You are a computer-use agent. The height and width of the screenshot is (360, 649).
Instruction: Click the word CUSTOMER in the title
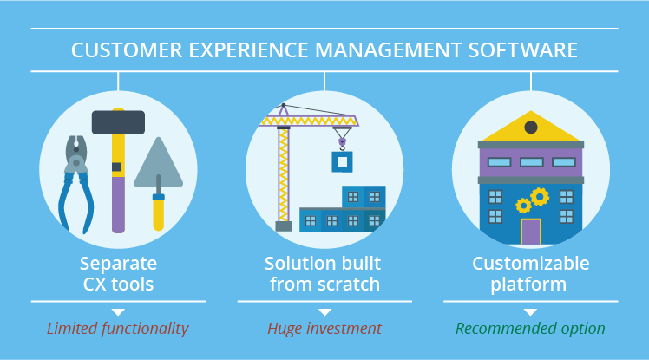click(127, 50)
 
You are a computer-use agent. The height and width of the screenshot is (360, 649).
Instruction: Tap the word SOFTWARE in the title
click(523, 50)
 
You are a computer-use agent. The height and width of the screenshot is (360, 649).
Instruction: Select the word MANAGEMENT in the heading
click(388, 50)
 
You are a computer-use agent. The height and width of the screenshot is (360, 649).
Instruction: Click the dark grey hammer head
click(118, 122)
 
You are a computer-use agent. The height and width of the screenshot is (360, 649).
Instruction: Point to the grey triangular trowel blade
click(159, 165)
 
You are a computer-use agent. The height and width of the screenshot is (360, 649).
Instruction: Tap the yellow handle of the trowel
click(159, 213)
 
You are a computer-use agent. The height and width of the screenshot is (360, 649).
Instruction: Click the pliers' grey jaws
click(76, 154)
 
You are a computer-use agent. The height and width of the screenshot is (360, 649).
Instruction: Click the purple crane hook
click(343, 144)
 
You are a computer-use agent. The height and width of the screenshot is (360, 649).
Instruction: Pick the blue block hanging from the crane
click(343, 162)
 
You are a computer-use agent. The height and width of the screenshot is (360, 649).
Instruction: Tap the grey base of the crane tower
click(284, 226)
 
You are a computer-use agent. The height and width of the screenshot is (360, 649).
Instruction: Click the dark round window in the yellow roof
click(531, 127)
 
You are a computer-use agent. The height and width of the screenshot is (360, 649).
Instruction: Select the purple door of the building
click(531, 232)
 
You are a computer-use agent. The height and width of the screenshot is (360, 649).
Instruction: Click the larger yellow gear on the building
click(540, 197)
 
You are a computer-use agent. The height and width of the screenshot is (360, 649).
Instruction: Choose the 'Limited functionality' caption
click(118, 329)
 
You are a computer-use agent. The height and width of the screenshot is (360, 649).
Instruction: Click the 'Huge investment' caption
click(324, 329)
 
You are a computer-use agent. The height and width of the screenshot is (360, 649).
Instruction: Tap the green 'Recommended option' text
click(530, 329)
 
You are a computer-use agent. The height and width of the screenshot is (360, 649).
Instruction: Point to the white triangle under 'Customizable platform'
click(531, 312)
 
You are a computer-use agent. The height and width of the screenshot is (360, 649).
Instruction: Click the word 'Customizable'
click(531, 264)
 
